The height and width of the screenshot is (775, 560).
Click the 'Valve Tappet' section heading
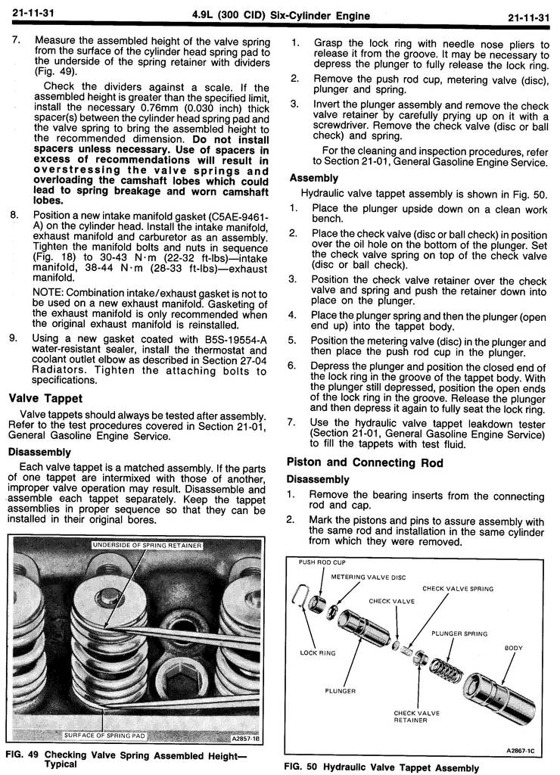45,398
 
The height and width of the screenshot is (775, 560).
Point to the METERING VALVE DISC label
369,577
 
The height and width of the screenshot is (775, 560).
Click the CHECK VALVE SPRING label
458,588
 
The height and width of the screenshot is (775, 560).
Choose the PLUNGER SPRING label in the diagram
459,633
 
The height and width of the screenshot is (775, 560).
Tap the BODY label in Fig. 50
514,648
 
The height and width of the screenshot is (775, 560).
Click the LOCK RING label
318,652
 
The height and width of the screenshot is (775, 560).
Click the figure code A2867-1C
522,750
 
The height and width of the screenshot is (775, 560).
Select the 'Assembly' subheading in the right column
314,178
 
